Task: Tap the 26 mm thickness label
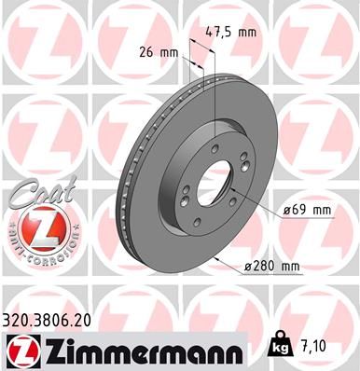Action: pos(157,52)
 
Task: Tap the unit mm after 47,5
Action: pos(246,31)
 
